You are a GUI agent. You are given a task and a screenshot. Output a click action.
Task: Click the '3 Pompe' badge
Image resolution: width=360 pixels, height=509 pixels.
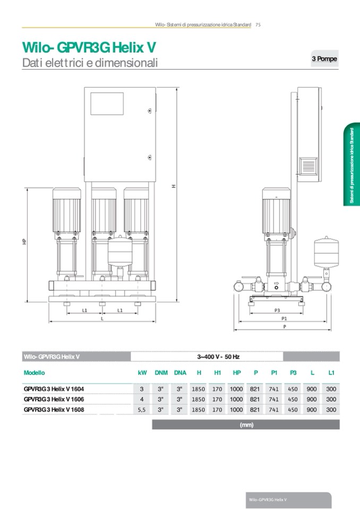click(324, 59)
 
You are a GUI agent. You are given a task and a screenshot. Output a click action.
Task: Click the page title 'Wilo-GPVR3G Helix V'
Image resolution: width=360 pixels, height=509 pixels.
click(89, 47)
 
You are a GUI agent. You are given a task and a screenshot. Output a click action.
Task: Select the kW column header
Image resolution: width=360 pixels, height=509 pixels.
click(142, 373)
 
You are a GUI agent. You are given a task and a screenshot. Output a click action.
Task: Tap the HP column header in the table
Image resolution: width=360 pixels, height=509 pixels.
click(237, 373)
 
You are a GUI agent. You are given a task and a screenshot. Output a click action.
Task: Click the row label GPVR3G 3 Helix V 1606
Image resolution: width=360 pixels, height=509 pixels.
click(54, 399)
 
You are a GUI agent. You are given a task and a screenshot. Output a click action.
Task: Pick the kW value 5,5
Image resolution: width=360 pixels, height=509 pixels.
click(142, 410)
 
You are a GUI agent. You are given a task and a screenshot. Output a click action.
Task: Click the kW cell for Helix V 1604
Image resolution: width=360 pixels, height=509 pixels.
click(142, 389)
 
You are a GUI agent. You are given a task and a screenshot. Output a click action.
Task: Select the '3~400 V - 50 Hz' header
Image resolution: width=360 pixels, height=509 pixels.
click(218, 357)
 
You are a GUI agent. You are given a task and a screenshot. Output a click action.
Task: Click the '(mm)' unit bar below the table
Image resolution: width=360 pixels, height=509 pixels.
click(245, 425)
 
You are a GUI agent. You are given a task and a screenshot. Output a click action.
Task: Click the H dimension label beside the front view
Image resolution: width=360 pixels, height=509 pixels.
click(174, 186)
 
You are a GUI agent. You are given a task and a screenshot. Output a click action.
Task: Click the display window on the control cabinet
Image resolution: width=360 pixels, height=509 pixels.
click(107, 103)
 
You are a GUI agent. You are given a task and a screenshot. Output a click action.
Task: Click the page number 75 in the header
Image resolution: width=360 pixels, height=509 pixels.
click(258, 24)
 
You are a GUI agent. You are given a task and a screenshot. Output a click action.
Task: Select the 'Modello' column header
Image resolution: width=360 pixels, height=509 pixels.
click(35, 373)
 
